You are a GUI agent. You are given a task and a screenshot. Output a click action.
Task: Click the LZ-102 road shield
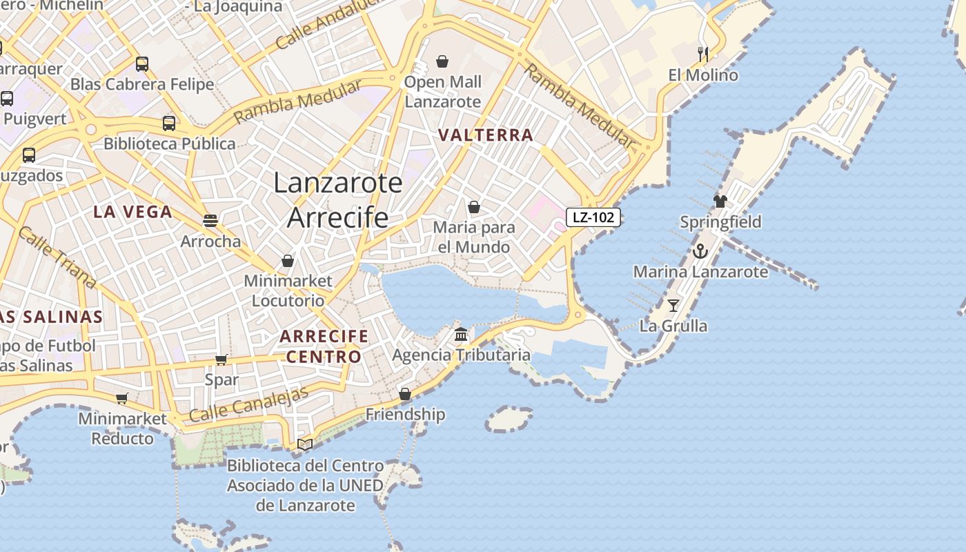pos(593,217)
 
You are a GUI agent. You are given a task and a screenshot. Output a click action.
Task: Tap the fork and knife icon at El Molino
pos(703,54)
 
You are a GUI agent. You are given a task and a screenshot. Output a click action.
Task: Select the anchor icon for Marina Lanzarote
pos(700,251)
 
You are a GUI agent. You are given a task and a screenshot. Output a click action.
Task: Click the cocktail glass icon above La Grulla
pos(673,305)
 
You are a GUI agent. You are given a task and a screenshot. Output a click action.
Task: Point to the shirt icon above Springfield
pos(720,201)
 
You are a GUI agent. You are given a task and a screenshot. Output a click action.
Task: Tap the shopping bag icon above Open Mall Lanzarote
pos(442,61)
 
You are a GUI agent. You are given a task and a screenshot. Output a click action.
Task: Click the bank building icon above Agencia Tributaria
pos(461,335)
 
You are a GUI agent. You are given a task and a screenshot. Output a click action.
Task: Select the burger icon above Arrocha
pos(210,221)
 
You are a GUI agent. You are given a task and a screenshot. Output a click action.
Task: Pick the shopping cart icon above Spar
pos(221,359)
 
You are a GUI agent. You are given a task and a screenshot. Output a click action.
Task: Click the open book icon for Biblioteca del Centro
pos(305,444)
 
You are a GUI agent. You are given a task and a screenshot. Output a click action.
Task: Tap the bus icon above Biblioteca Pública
pos(169,124)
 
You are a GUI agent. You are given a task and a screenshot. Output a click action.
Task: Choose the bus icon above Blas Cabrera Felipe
pos(142,64)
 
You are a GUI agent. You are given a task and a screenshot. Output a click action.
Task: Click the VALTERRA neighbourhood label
pos(486,135)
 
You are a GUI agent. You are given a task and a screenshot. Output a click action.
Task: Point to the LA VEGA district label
pos(132,212)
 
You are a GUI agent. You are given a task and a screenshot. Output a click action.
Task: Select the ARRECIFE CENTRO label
pos(324,346)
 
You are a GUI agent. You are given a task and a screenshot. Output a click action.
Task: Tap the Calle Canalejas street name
pos(248,405)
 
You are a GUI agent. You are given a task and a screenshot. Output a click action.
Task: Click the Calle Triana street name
pos(57,257)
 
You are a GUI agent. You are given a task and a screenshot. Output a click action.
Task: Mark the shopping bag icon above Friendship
pos(405,394)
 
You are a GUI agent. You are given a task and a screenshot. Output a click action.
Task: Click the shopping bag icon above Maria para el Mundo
pos(474,207)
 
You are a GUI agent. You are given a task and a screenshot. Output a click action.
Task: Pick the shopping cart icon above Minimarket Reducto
pos(122,398)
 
